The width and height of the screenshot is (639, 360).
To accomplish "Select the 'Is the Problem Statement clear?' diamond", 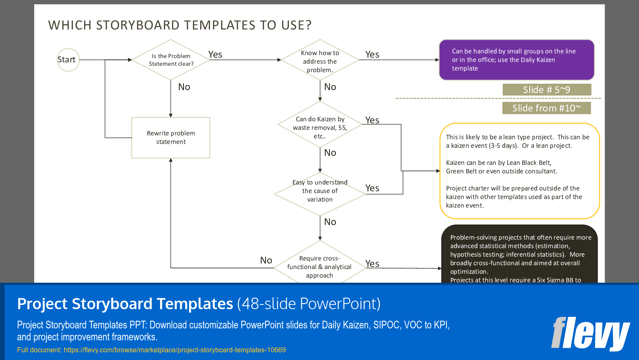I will [x=171, y=60].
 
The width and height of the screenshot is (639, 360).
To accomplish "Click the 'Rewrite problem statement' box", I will [x=171, y=138].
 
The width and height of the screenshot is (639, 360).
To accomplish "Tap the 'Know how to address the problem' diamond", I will [x=320, y=61].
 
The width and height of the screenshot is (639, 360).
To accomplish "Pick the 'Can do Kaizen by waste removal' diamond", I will [x=320, y=127].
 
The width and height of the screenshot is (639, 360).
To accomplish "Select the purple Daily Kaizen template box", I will [x=516, y=60].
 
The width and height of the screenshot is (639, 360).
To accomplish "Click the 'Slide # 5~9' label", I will [x=546, y=90].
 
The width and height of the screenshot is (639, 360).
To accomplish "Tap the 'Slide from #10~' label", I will [x=546, y=108].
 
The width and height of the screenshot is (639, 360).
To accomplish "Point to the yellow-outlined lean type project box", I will [x=519, y=171].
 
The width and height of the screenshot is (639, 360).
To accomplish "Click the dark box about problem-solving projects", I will [x=519, y=255].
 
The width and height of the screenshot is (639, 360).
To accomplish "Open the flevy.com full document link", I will [x=175, y=350].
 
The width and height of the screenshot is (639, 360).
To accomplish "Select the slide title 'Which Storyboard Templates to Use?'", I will [x=180, y=25].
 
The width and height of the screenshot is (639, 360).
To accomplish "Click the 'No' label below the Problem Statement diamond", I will [x=184, y=87].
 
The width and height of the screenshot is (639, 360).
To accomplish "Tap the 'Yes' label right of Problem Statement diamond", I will [x=215, y=55].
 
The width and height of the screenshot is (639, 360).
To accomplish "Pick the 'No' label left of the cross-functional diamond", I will [x=266, y=260].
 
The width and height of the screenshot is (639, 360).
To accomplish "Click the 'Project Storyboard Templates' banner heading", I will [x=125, y=304].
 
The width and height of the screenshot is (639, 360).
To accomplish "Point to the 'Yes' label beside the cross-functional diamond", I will [x=372, y=264].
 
